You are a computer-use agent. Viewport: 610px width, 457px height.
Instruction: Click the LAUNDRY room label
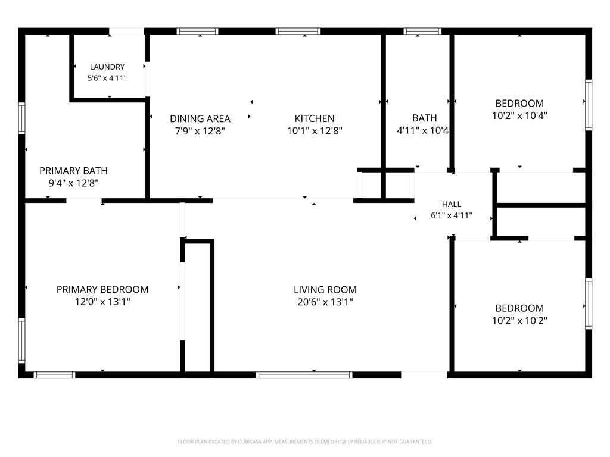[107, 67]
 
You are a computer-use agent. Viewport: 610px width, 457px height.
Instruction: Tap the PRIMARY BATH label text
[73, 171]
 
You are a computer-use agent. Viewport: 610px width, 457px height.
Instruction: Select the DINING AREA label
[200, 118]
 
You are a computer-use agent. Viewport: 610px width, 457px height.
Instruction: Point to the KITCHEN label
[315, 118]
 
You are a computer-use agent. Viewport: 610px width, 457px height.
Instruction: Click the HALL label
[452, 204]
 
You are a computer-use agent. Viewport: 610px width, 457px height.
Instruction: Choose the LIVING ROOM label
[325, 290]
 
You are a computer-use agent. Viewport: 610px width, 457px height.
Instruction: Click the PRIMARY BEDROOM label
[102, 290]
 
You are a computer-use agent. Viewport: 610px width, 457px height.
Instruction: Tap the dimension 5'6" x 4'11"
[107, 78]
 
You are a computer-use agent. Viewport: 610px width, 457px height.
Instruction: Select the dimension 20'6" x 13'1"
[325, 302]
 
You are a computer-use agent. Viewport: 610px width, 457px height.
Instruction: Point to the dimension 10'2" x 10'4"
[519, 115]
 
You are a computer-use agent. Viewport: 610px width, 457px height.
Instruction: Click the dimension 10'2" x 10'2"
[519, 321]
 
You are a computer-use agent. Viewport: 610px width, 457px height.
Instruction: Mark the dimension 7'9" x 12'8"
[200, 131]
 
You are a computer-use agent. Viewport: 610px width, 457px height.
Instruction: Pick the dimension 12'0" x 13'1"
[102, 302]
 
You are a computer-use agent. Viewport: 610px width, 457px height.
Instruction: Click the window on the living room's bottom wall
[304, 375]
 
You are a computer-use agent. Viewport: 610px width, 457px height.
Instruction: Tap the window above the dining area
[197, 31]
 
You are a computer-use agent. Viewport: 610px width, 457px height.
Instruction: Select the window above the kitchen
[298, 31]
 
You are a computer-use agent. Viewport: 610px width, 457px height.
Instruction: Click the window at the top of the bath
[422, 31]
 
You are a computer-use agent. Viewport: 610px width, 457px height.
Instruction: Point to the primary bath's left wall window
[22, 118]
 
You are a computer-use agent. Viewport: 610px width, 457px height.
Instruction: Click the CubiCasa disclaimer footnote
[305, 442]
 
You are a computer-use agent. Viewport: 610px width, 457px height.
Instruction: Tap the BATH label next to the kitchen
[424, 118]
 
